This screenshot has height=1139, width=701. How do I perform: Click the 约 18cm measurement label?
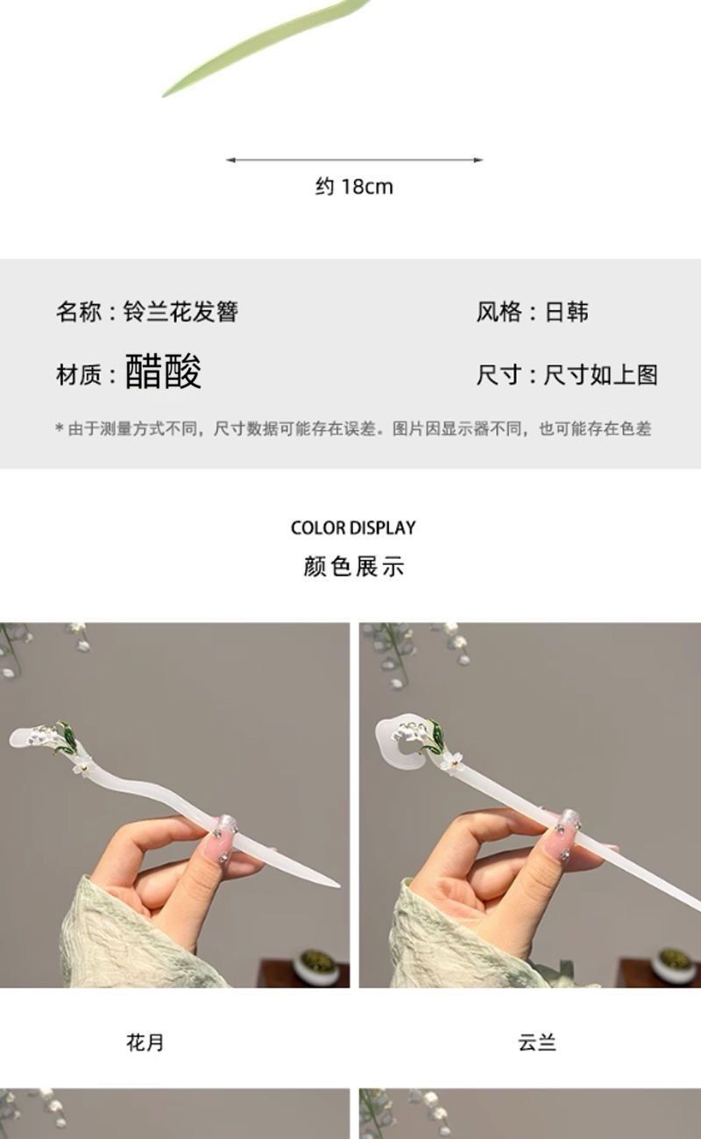click(x=354, y=187)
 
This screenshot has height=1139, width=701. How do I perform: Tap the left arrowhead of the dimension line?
click(x=230, y=159)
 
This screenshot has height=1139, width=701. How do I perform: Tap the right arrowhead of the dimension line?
click(x=478, y=159)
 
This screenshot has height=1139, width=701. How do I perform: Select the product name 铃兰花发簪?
click(x=181, y=312)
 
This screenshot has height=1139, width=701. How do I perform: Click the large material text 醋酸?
click(x=163, y=371)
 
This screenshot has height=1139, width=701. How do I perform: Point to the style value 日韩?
click(x=567, y=312)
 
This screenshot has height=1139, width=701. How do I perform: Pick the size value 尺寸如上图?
click(x=600, y=375)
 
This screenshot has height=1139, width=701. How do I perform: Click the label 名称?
click(x=78, y=312)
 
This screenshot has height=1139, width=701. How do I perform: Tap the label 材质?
click(x=78, y=375)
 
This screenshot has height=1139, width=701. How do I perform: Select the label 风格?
click(x=499, y=312)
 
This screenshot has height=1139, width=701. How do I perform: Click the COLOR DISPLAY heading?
click(x=353, y=527)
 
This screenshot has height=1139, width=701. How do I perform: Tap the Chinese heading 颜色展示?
click(x=353, y=567)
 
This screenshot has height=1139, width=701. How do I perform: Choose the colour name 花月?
click(x=145, y=1043)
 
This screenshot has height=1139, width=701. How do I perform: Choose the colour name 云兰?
click(x=537, y=1043)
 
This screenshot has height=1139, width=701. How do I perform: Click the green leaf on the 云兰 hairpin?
click(x=436, y=733)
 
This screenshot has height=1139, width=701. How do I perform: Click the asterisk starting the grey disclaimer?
click(x=59, y=428)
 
